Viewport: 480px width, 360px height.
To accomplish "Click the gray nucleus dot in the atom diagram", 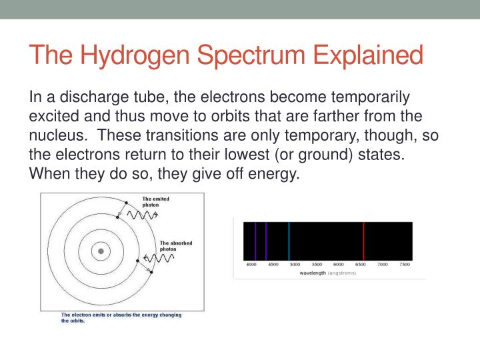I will point(101,251).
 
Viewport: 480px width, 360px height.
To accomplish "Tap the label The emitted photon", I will point(156,201).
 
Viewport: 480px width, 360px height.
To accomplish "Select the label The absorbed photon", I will point(175,245).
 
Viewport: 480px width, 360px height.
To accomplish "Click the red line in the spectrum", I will point(363,241).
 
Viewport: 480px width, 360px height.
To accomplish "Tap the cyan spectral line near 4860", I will point(289,241).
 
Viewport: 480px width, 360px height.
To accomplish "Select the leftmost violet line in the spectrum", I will point(255,241).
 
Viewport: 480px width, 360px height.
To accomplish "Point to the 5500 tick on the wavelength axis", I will point(317,265).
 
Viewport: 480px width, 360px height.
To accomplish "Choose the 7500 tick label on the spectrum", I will point(404,265).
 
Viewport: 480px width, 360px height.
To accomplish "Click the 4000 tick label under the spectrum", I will point(251,265).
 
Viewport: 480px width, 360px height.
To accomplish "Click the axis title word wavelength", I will point(313,273).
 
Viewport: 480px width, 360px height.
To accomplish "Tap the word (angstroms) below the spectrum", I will point(341,273).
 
